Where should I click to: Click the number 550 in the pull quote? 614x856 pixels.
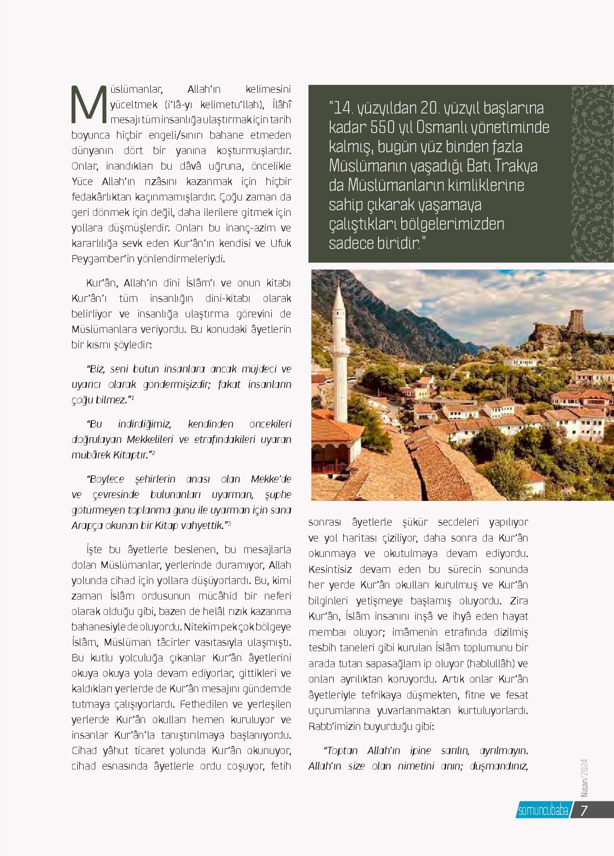pyautogui.click(x=387, y=127)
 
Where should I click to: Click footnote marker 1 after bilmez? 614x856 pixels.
pyautogui.click(x=132, y=398)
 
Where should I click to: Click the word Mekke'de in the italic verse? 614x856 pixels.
pyautogui.click(x=271, y=479)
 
